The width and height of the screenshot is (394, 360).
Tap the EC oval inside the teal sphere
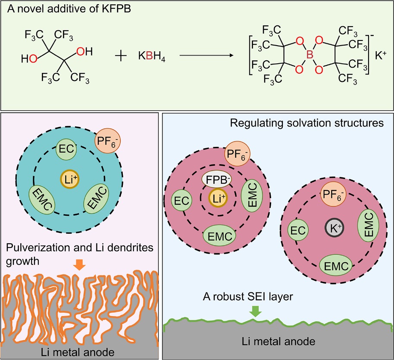(x=67, y=151)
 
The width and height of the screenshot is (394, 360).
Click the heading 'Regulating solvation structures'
(x=307, y=123)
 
